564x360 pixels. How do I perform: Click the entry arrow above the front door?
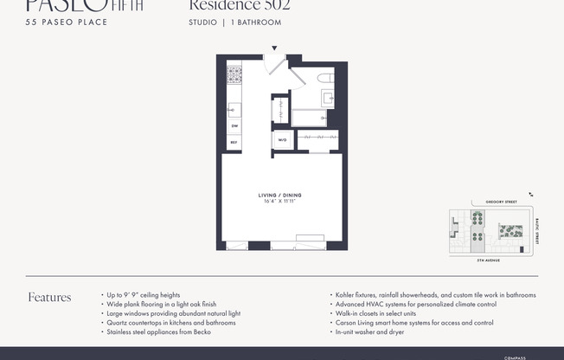point(276,48)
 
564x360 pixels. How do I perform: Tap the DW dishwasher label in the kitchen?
point(234,126)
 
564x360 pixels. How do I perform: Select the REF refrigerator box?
point(234,142)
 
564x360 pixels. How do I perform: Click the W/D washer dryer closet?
point(282,139)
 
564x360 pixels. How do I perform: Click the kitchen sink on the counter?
point(233,109)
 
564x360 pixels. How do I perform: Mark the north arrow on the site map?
point(531,196)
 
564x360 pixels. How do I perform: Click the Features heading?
point(49,298)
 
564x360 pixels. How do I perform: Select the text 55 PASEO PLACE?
point(67,22)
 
